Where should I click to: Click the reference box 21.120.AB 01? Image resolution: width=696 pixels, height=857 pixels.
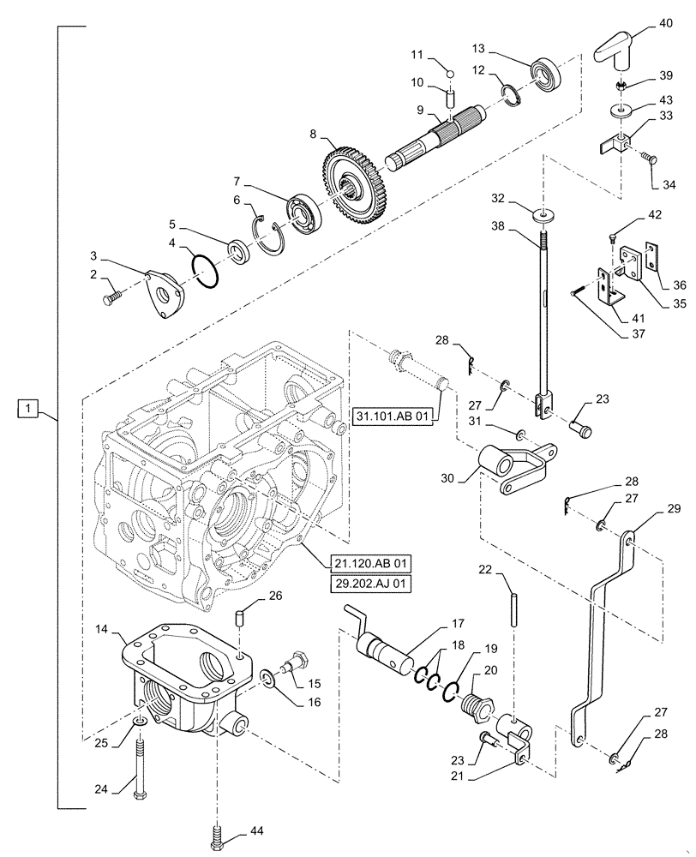(x=369, y=563)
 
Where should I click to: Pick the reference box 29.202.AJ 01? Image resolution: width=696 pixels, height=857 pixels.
(x=369, y=584)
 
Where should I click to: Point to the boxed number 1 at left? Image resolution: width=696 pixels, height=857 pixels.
(x=29, y=410)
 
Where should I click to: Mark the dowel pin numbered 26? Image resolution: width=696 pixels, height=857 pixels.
(x=241, y=618)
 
